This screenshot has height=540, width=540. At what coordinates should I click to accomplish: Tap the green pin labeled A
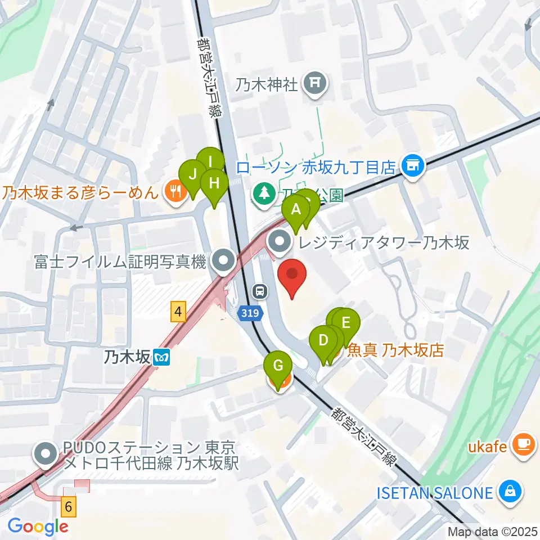click(296, 212)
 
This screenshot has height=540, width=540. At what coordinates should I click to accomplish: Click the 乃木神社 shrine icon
click(313, 85)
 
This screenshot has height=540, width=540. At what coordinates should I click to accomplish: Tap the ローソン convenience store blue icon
click(413, 166)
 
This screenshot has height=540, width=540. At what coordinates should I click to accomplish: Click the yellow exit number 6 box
click(68, 506)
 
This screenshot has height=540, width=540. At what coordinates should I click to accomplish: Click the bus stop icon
click(260, 291)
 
